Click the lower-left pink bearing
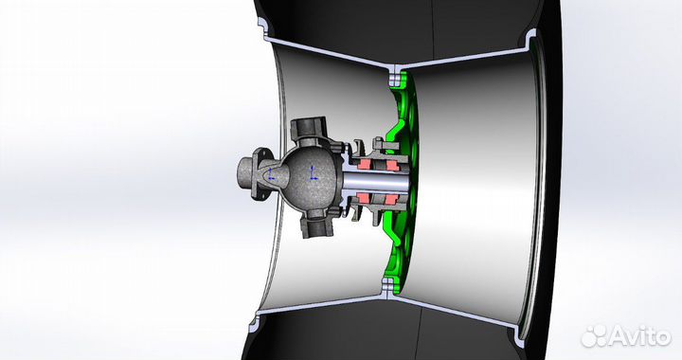point(367,200)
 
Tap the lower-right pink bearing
point(389,200)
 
